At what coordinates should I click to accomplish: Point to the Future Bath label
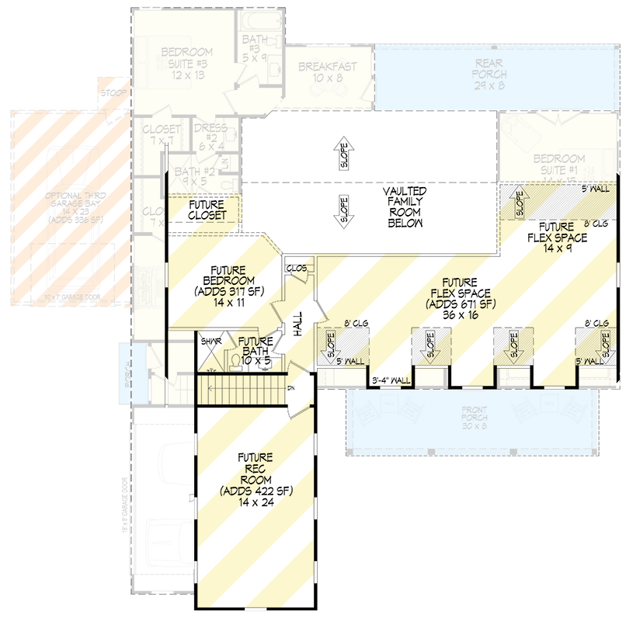256,351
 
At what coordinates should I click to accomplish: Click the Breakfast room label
328,72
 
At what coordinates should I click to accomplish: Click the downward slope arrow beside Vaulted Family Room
343,210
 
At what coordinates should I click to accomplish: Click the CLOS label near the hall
297,268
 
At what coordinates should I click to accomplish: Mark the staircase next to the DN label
241,387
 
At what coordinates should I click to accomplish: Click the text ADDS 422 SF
254,491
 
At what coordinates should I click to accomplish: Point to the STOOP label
110,93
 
